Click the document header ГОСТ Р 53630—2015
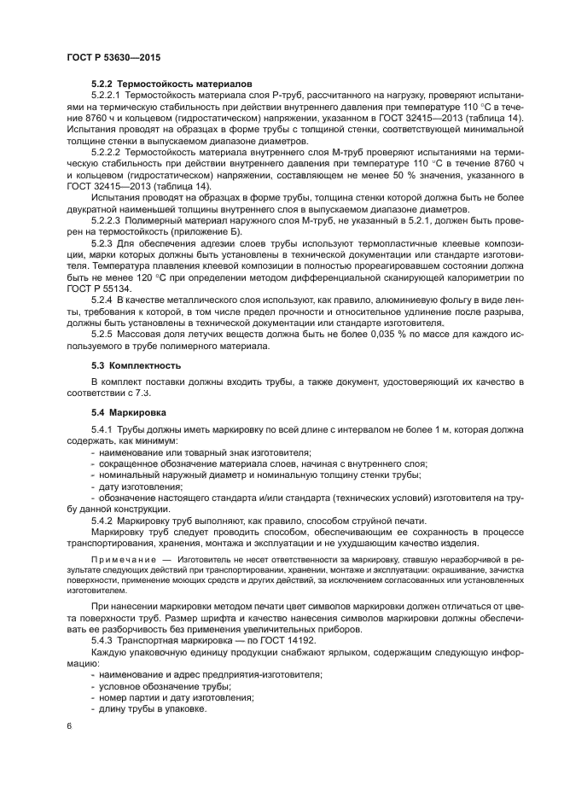(113, 56)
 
